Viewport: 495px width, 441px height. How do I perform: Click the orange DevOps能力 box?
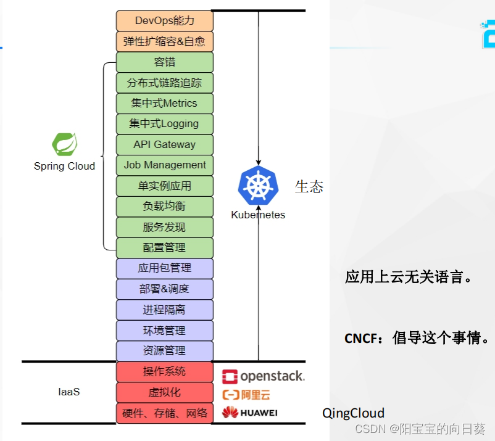(x=165, y=21)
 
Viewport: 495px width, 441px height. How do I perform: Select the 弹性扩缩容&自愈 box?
(x=165, y=42)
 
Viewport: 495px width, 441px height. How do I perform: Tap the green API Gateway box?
(x=165, y=144)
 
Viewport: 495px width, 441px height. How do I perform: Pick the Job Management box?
(x=165, y=165)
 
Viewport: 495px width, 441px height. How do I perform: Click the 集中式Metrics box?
(x=165, y=103)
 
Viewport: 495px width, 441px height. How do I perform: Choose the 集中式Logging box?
(x=165, y=124)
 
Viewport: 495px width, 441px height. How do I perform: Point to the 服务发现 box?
(x=165, y=227)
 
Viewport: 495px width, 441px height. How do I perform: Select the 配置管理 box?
(x=165, y=248)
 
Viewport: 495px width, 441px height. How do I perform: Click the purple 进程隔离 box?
(x=165, y=310)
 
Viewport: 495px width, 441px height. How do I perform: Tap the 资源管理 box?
(x=165, y=351)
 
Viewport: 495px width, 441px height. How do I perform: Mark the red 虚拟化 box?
(x=165, y=392)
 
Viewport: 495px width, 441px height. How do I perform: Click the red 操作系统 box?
(x=165, y=372)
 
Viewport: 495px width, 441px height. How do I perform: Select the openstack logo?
(x=263, y=376)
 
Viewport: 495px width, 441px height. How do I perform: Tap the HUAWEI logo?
(x=250, y=413)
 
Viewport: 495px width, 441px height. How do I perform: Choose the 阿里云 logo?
(x=246, y=395)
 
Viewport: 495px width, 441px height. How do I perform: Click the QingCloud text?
(x=354, y=413)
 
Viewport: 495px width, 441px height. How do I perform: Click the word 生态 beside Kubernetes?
(x=309, y=187)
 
